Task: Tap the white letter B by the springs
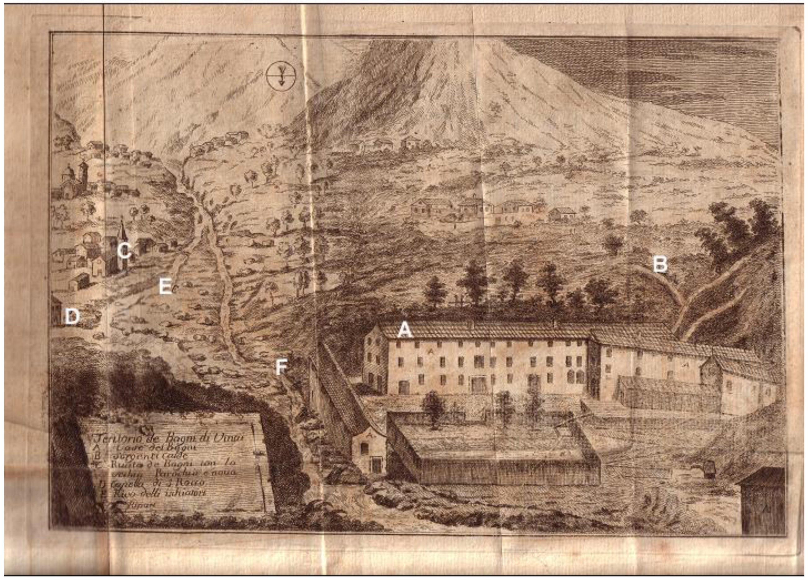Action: pyautogui.click(x=659, y=265)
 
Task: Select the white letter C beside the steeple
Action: pyautogui.click(x=124, y=251)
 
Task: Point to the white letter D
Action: pyautogui.click(x=72, y=316)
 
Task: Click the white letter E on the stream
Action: pyautogui.click(x=165, y=287)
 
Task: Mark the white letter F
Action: pyautogui.click(x=282, y=367)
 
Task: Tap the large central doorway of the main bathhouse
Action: pyautogui.click(x=478, y=384)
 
